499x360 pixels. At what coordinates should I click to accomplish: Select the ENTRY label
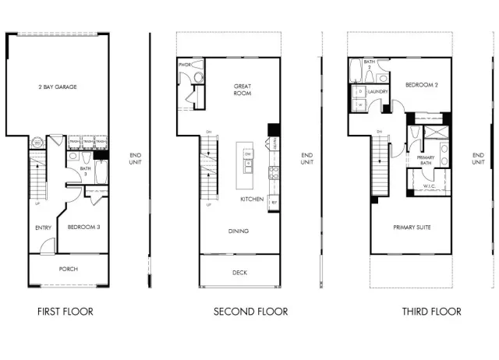pyautogui.click(x=44, y=228)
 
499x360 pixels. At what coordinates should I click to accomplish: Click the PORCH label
pyautogui.click(x=69, y=269)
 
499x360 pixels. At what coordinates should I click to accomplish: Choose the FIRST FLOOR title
pyautogui.click(x=65, y=312)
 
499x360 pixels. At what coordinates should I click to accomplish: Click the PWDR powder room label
pyautogui.click(x=185, y=65)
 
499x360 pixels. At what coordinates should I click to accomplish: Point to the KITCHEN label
pyautogui.click(x=251, y=199)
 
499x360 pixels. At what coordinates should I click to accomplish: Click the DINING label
pyautogui.click(x=239, y=231)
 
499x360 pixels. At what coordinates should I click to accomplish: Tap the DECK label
pyautogui.click(x=239, y=273)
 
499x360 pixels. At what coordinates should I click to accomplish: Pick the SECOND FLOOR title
pyautogui.click(x=250, y=312)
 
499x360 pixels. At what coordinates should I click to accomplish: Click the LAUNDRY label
pyautogui.click(x=379, y=92)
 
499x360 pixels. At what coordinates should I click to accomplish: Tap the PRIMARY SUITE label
pyautogui.click(x=412, y=228)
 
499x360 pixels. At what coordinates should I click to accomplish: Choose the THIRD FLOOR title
pyautogui.click(x=431, y=312)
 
